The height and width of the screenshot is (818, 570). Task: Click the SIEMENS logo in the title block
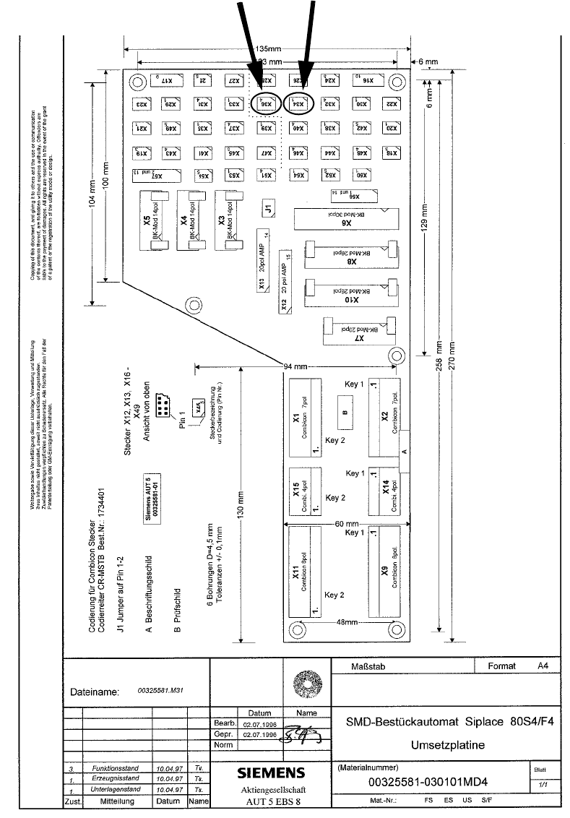(271, 772)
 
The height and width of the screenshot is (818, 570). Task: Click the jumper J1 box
(268, 208)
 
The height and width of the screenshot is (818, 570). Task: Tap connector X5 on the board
(157, 221)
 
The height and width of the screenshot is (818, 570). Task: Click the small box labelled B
(346, 413)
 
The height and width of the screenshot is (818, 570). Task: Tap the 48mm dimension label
(347, 622)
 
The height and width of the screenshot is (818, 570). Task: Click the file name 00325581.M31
(160, 691)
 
